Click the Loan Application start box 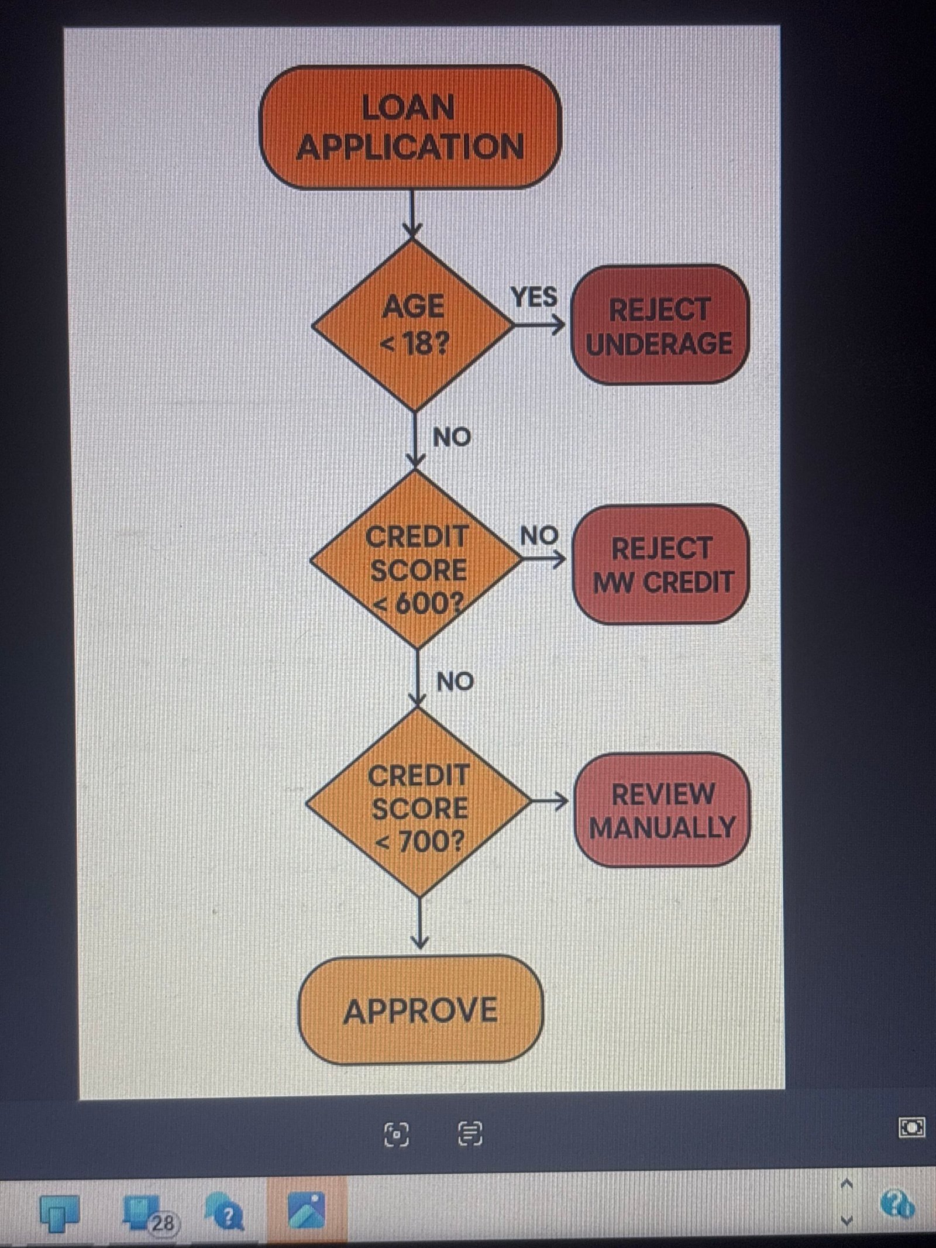410,127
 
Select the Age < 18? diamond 414,325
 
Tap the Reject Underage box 659,325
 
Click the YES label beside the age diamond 534,297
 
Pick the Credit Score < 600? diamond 417,560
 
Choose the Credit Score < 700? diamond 419,802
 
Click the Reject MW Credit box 662,565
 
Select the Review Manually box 662,810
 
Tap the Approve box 421,1012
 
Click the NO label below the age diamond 452,437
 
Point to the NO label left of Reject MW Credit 539,535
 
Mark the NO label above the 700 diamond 455,682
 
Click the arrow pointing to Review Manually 550,801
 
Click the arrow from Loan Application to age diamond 412,214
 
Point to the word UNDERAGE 659,343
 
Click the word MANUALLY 662,827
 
